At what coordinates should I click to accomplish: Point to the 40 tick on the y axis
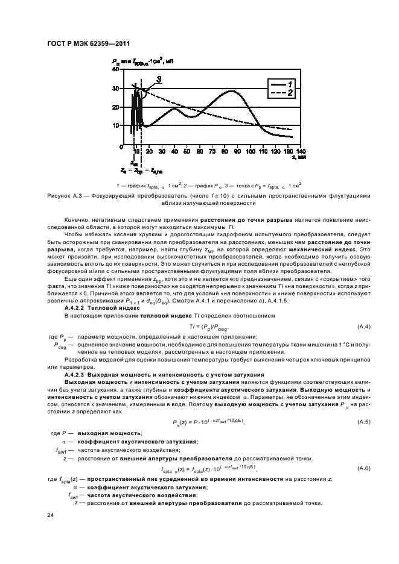(x=117, y=70)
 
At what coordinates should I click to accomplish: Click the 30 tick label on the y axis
(x=117, y=89)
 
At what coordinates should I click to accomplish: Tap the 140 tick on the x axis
(x=301, y=151)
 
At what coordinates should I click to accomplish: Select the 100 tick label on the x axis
(x=248, y=151)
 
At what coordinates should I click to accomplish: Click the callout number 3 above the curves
(x=158, y=79)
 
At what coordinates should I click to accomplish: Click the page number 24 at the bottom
(x=51, y=514)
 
